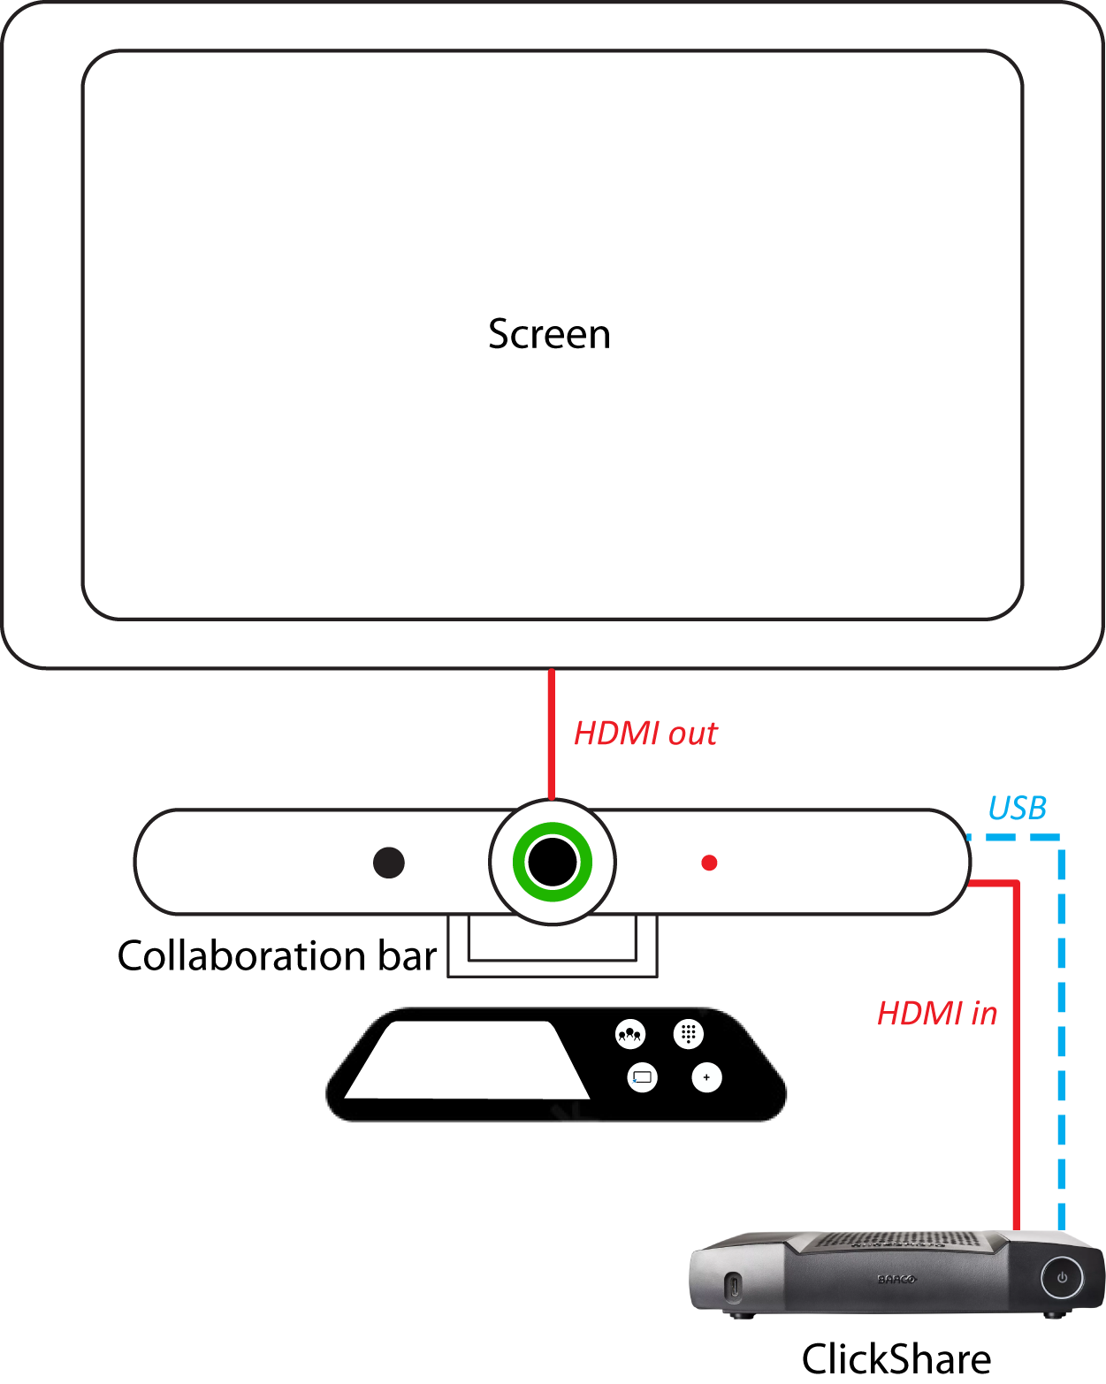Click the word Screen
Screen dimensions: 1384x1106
point(549,335)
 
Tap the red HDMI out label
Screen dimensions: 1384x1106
point(645,734)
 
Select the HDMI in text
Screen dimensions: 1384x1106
point(937,1014)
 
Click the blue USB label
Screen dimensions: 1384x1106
point(1017,808)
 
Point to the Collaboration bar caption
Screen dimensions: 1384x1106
point(277,956)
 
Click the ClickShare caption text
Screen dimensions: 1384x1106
point(896,1358)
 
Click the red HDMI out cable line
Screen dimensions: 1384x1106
point(552,734)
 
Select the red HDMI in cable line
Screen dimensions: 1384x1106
point(1017,1061)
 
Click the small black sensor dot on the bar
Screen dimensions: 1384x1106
point(389,863)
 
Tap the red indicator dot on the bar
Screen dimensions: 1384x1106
point(709,863)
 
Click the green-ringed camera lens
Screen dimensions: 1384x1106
point(553,862)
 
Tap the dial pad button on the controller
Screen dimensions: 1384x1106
point(688,1033)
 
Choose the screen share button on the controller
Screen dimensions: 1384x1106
point(642,1077)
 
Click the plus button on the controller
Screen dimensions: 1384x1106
point(706,1077)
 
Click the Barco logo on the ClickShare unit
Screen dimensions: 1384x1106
point(896,1279)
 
